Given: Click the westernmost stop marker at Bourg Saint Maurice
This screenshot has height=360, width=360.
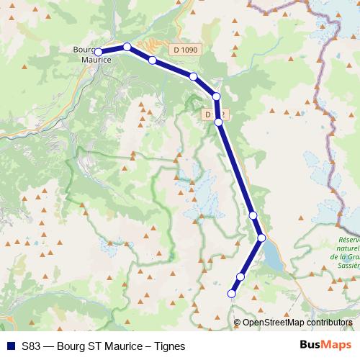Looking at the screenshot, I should [99, 52].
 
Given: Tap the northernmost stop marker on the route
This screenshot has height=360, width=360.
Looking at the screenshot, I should [127, 47].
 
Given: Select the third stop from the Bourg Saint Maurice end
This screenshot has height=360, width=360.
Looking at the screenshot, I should [153, 60].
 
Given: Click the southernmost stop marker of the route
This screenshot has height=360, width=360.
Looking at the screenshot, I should [232, 293].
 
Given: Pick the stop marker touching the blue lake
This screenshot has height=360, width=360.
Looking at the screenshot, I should [261, 238].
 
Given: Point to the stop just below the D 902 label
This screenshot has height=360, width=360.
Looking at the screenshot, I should [219, 122].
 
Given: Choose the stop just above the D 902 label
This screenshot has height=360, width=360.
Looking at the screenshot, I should [216, 96].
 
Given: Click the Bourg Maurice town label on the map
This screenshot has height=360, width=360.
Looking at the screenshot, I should [91, 55].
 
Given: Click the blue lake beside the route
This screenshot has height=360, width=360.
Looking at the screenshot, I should [274, 256].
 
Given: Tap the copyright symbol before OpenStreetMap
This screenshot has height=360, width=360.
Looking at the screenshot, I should [238, 323].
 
